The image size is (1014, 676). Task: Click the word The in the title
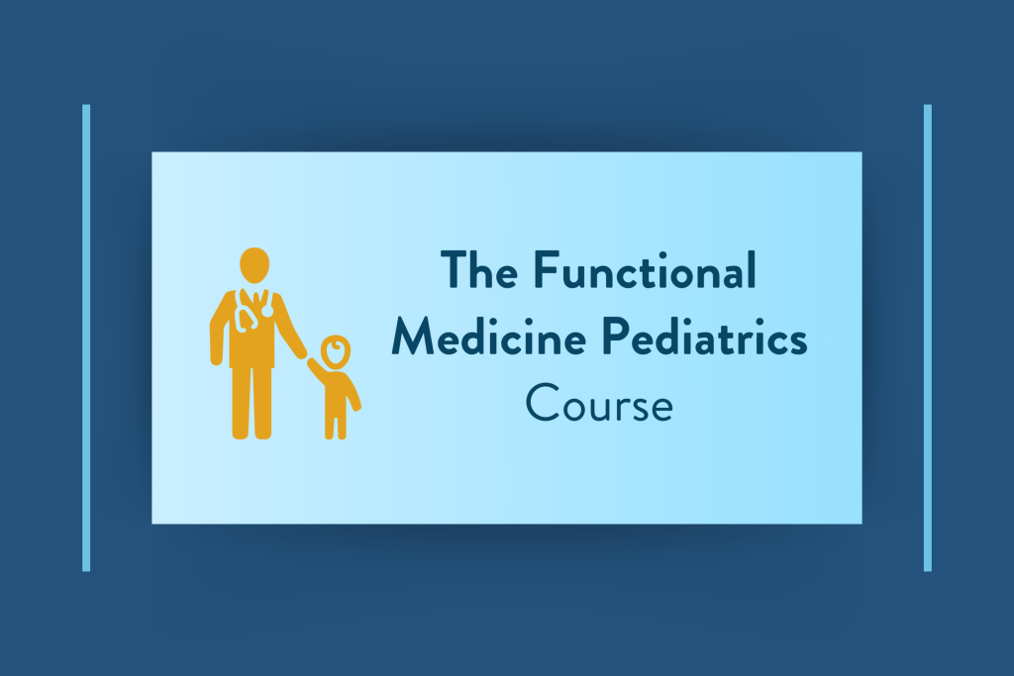click(x=479, y=269)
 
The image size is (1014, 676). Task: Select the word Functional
click(x=645, y=269)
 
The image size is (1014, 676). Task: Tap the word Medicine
click(x=489, y=337)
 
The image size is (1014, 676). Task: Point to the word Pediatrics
click(x=705, y=337)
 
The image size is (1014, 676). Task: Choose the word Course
click(x=599, y=403)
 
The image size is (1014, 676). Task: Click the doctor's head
click(x=254, y=265)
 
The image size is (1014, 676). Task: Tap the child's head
click(x=336, y=352)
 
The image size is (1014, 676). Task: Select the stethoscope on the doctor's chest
click(x=254, y=310)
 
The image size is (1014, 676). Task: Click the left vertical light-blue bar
click(x=86, y=338)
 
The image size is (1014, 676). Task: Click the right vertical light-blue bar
click(x=927, y=338)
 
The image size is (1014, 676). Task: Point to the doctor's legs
click(x=252, y=402)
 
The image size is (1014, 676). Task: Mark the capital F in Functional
click(x=547, y=269)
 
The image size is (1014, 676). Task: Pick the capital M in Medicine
click(x=415, y=337)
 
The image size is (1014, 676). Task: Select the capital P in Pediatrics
click(x=616, y=337)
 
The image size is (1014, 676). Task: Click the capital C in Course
click(x=542, y=403)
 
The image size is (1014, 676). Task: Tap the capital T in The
click(x=455, y=269)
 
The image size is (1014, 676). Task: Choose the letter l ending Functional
click(x=753, y=269)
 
